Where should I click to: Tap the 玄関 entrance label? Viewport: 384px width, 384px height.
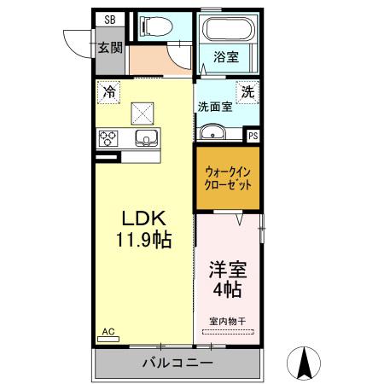pos(108,47)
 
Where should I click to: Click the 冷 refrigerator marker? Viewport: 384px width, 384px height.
pos(108,90)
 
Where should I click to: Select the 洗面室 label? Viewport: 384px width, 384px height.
pos(214,108)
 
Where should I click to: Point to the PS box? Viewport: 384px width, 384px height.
pos(253,135)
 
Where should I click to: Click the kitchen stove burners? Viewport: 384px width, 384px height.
pos(109,137)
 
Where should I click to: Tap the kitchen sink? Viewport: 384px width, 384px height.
pos(146,138)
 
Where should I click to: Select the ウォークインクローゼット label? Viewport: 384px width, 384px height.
pos(228,177)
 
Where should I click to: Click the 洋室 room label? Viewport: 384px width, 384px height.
pos(229,271)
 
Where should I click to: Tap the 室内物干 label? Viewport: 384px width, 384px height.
pos(228,320)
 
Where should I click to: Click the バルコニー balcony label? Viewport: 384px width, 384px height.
pos(177,364)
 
